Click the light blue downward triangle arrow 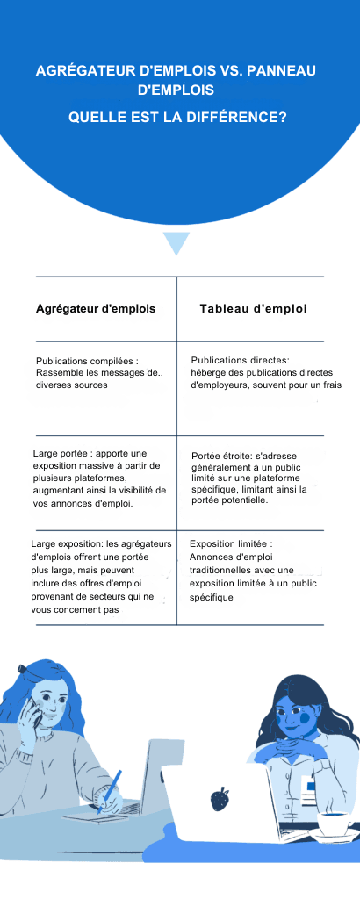pos(176,242)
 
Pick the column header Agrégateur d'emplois pos(96,309)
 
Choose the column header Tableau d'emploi pos(253,309)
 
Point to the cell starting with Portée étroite pos(256,478)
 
